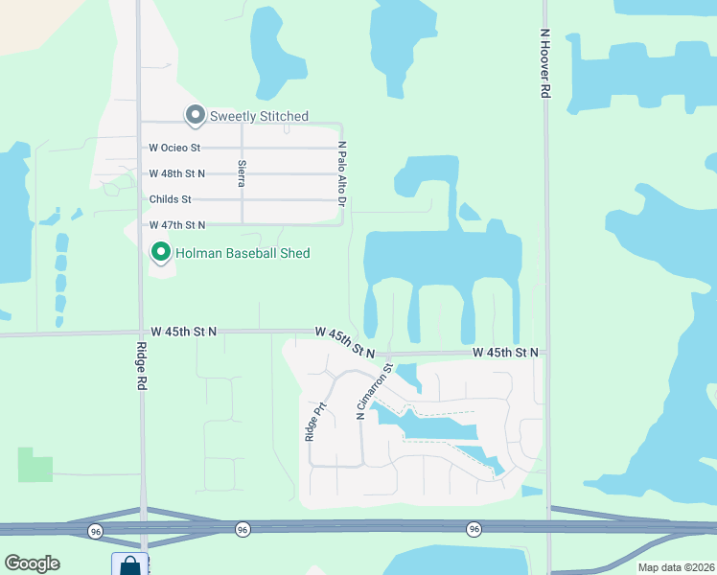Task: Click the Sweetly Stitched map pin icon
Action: point(196,116)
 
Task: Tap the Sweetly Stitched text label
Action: point(259,117)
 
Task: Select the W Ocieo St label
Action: point(174,148)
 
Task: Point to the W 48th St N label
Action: point(177,173)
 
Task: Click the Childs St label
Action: point(171,199)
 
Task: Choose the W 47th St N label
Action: point(177,224)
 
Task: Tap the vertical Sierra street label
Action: point(242,172)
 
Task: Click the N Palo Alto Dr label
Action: point(340,173)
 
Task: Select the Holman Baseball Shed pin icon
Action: point(160,253)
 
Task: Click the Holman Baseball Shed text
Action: point(243,253)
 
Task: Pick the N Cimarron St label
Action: point(375,391)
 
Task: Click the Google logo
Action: point(32,563)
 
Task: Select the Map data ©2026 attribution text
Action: point(676,567)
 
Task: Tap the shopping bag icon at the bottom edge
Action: point(129,565)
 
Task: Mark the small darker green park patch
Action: point(35,465)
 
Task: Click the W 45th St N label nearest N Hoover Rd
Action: point(505,353)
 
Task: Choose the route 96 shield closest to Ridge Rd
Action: point(95,530)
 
